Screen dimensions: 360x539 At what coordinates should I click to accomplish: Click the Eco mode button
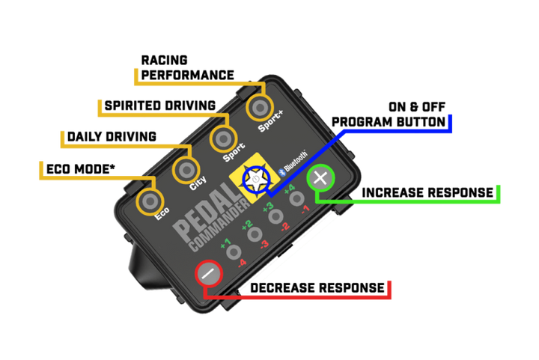tap(150, 201)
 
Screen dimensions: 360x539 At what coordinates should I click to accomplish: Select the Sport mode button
tap(222, 138)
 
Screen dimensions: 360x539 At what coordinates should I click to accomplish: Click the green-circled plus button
tap(321, 180)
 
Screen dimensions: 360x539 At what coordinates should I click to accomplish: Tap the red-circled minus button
tap(210, 273)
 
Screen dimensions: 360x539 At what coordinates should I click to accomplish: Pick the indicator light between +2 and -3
tap(255, 234)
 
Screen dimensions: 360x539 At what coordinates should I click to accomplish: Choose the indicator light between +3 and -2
tap(276, 216)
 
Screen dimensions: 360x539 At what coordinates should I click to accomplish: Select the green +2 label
tap(246, 225)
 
